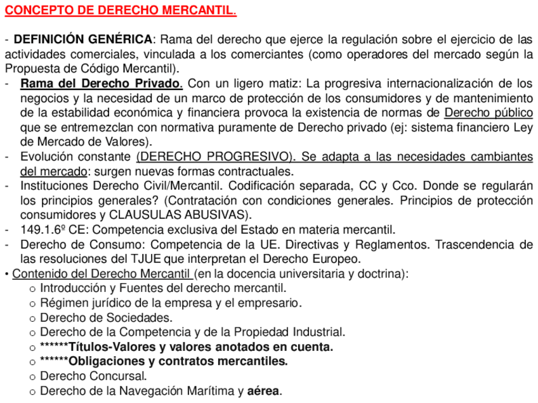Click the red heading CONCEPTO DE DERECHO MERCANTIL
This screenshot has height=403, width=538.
[x=121, y=11]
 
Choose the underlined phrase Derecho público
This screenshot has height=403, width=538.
[x=489, y=112]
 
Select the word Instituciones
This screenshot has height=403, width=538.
[x=55, y=186]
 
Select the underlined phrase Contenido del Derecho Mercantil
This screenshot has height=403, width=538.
[x=102, y=274]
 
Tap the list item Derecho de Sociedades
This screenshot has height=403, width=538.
[x=106, y=317]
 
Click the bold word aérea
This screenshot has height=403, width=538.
[x=263, y=390]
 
